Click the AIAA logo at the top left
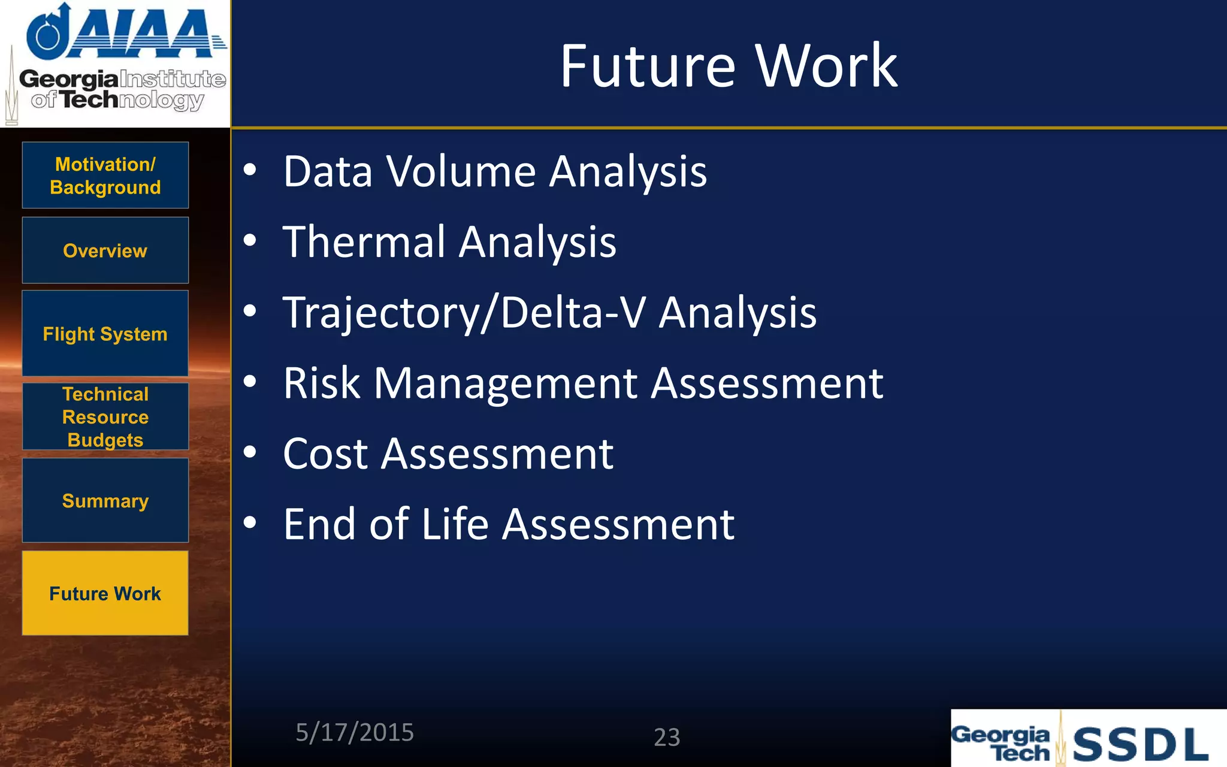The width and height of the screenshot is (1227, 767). pos(126,33)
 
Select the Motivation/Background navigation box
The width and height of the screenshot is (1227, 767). pos(105,176)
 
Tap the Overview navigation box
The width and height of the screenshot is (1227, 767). pos(105,250)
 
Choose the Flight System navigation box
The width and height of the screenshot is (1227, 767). pos(105,334)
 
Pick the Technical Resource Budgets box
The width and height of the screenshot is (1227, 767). pos(105,417)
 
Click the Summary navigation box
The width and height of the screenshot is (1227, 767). pos(105,500)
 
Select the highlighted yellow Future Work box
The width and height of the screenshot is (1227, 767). pos(105,593)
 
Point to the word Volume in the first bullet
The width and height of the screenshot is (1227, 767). pos(460,172)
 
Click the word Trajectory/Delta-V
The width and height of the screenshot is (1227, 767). pos(464,313)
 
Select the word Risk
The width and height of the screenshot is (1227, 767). pos(322,383)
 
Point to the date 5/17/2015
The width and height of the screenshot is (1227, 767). pos(355,733)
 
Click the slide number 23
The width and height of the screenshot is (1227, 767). pos(667,737)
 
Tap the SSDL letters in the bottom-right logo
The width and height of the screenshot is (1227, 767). pos(1140,745)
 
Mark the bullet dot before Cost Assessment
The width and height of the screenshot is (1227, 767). pos(250,452)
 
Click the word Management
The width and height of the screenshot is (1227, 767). pos(506,383)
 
